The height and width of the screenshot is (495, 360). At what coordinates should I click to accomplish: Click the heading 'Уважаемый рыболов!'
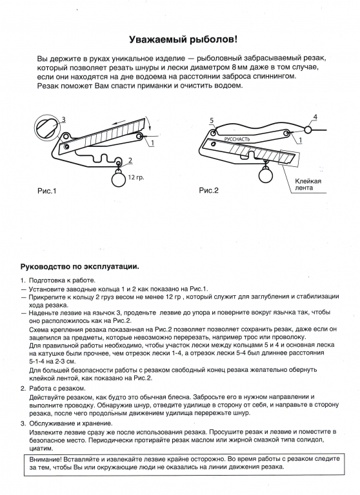pos(183,40)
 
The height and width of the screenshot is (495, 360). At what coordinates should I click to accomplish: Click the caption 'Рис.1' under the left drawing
pos(47,191)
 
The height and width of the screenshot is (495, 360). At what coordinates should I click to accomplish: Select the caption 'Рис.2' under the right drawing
pos(208,190)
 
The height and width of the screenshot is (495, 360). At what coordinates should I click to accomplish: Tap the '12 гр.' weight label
pos(136,177)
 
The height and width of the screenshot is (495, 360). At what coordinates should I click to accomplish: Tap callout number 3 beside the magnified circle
pos(63,120)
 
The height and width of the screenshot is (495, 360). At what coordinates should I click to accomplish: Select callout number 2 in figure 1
pos(130,161)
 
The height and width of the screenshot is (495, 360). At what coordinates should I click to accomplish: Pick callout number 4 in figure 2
pos(315,117)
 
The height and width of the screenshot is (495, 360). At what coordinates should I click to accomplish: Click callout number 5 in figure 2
pos(212,121)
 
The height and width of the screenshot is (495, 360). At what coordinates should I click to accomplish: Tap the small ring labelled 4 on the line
pos(308,129)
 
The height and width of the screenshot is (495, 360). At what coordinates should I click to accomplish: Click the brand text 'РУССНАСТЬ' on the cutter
pos(237,139)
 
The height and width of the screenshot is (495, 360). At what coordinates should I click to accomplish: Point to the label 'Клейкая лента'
pos(308,184)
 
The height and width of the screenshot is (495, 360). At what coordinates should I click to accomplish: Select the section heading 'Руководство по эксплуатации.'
pos(80,266)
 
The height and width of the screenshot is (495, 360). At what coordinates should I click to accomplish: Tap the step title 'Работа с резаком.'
pos(57,388)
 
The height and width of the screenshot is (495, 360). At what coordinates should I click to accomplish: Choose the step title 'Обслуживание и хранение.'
pos(71,423)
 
